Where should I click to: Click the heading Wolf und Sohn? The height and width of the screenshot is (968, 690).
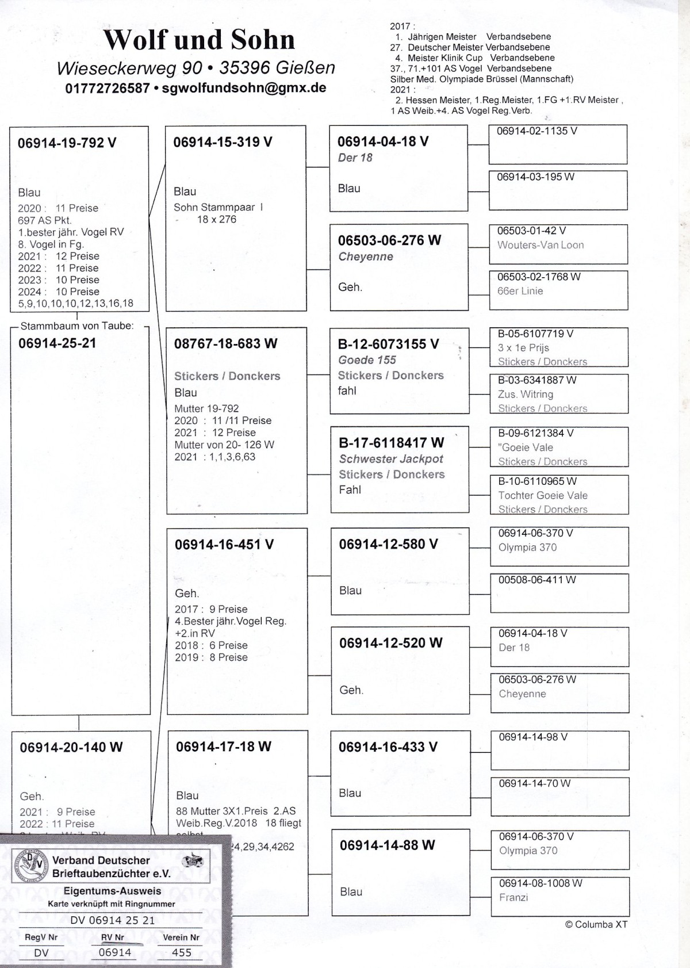(199, 40)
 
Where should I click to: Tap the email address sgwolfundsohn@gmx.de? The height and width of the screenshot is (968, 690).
(244, 88)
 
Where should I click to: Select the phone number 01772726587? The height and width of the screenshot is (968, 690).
(108, 89)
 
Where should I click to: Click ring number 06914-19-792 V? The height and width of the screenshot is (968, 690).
(67, 143)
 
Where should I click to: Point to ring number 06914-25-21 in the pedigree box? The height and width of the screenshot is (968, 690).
(57, 343)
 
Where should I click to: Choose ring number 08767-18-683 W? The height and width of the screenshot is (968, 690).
(225, 344)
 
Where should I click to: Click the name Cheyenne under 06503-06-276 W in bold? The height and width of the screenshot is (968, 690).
(366, 257)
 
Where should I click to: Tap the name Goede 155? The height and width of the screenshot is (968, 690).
(367, 360)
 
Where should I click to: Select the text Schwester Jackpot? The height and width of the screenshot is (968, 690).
(391, 459)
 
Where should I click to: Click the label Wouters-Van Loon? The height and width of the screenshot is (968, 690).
(540, 245)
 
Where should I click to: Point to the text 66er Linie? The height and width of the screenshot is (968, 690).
(520, 291)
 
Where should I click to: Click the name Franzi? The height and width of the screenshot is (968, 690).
(513, 897)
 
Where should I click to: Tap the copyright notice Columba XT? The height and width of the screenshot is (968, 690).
(596, 924)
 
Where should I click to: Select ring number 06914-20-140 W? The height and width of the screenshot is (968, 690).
(71, 747)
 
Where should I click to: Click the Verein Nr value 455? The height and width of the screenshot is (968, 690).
(182, 952)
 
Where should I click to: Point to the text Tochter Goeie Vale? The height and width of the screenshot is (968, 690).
(543, 495)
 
